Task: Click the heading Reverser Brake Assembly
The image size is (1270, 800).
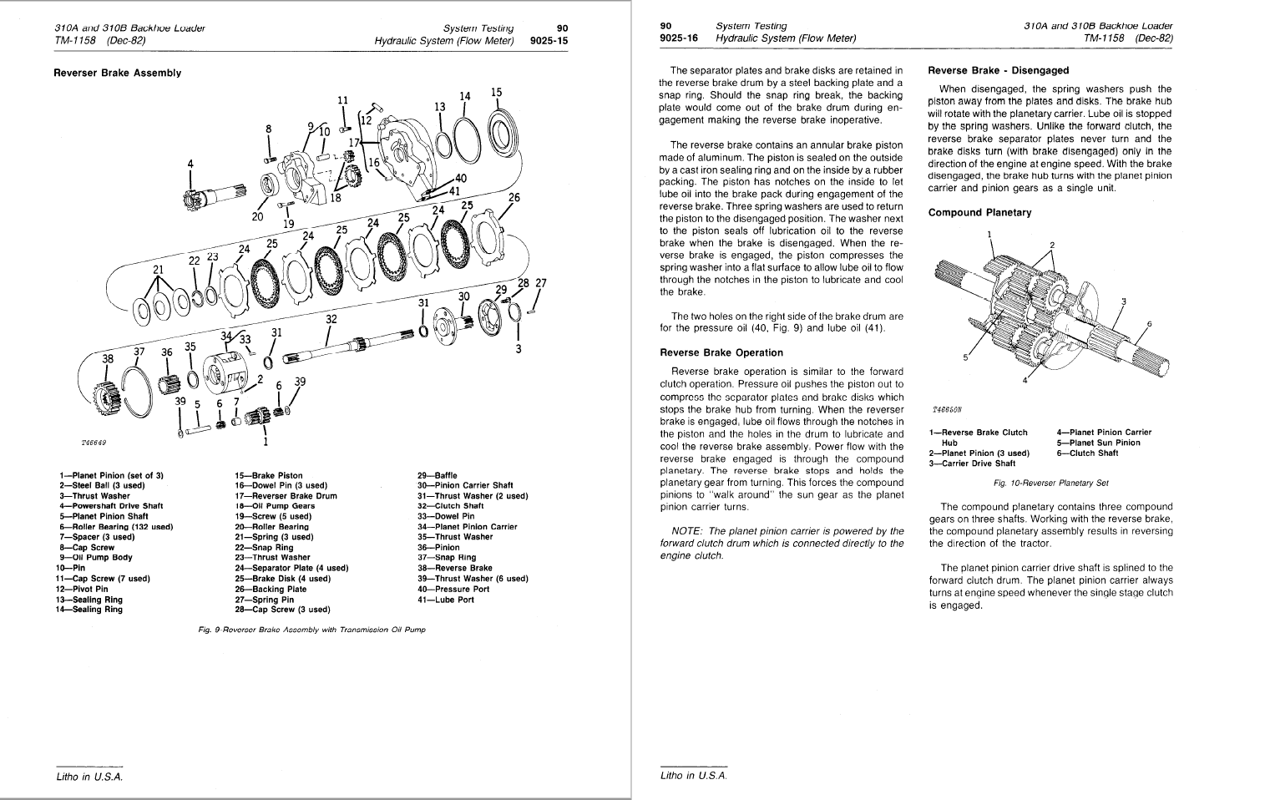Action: click(x=117, y=73)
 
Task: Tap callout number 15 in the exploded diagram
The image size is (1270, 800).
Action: click(x=496, y=93)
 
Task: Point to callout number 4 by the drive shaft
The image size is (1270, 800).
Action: click(x=190, y=164)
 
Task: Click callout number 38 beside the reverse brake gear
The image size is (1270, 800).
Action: click(x=108, y=358)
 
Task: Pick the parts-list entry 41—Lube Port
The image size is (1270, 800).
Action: click(x=445, y=600)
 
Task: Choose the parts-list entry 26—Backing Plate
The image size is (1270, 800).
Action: click(x=271, y=589)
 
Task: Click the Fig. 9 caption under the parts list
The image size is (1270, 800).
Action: click(x=306, y=630)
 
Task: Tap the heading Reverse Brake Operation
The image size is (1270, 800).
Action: click(x=721, y=352)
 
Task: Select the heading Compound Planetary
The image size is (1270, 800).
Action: click(x=979, y=213)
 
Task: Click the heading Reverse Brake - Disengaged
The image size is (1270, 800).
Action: click(x=998, y=71)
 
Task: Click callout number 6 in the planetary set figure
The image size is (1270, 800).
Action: click(x=1149, y=324)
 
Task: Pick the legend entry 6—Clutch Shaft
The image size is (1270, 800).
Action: click(x=1087, y=453)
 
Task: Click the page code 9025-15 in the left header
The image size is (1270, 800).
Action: click(x=549, y=39)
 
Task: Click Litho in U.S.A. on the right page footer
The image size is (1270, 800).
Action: click(x=693, y=776)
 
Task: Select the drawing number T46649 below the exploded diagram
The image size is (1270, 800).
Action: click(x=94, y=442)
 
